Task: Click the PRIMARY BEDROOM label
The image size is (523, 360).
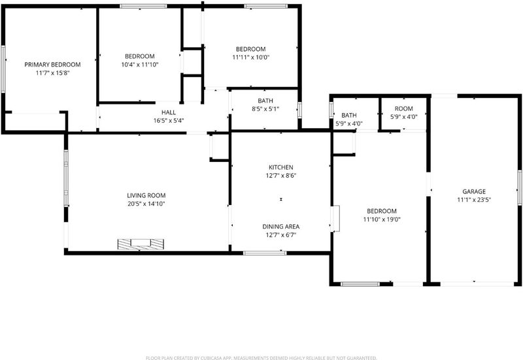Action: (x=52, y=64)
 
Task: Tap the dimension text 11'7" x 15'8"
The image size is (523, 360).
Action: (x=52, y=73)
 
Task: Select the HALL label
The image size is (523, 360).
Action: (x=169, y=112)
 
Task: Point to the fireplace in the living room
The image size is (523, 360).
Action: (x=141, y=244)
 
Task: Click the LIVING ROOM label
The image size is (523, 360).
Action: (x=146, y=195)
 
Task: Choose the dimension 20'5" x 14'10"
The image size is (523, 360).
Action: (x=146, y=204)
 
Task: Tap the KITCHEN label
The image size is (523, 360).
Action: (x=281, y=167)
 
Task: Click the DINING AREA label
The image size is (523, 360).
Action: (x=281, y=227)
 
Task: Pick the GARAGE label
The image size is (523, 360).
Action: (x=474, y=191)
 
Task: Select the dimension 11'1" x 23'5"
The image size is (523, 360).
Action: (x=474, y=200)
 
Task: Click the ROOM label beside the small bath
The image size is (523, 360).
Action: (x=403, y=108)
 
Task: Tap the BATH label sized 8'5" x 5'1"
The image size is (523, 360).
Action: (x=265, y=101)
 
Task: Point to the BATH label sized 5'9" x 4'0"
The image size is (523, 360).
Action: (x=349, y=116)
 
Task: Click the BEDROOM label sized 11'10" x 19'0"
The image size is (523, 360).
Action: (x=382, y=211)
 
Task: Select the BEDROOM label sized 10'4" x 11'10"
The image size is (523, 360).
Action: (x=140, y=56)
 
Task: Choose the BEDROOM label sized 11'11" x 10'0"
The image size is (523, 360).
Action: (x=251, y=49)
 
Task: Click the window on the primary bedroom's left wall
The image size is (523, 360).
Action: (x=3, y=69)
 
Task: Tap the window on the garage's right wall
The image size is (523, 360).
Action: (x=520, y=188)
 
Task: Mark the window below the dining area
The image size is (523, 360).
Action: (x=265, y=253)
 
